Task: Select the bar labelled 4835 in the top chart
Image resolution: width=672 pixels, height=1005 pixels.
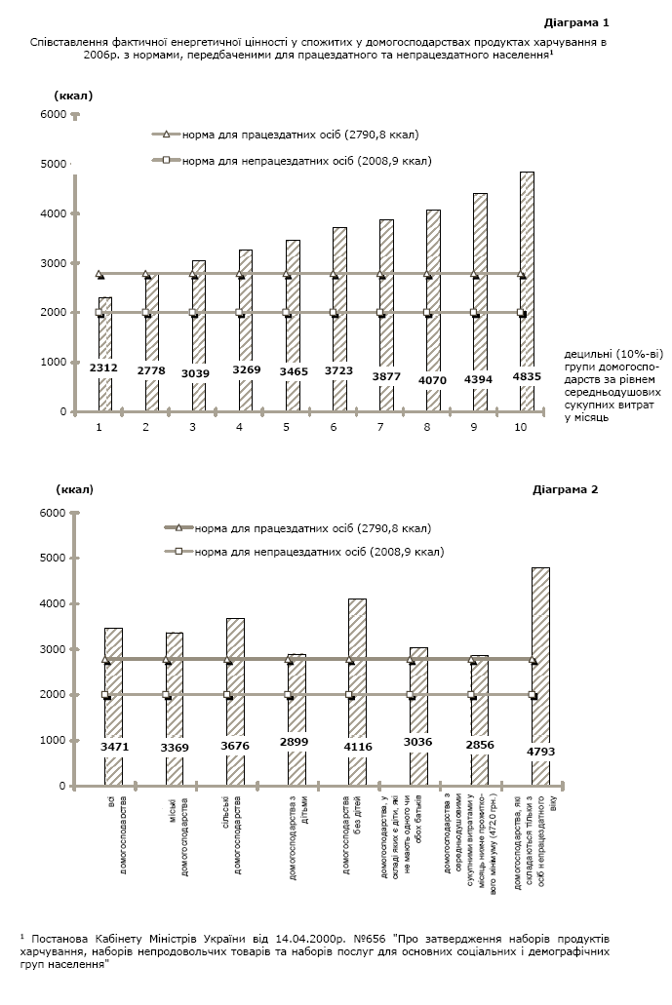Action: coord(527,292)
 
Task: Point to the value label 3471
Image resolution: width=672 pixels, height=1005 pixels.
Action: coord(114,747)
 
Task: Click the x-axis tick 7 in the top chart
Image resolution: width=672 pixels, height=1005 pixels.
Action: coord(380,427)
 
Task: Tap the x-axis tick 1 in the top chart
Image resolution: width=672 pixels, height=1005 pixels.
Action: coord(99,427)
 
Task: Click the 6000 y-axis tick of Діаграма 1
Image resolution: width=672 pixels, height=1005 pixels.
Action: coord(53,115)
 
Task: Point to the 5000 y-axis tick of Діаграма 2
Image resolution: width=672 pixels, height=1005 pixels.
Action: coord(53,559)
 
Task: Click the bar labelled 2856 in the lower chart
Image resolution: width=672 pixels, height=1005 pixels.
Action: coord(479,721)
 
